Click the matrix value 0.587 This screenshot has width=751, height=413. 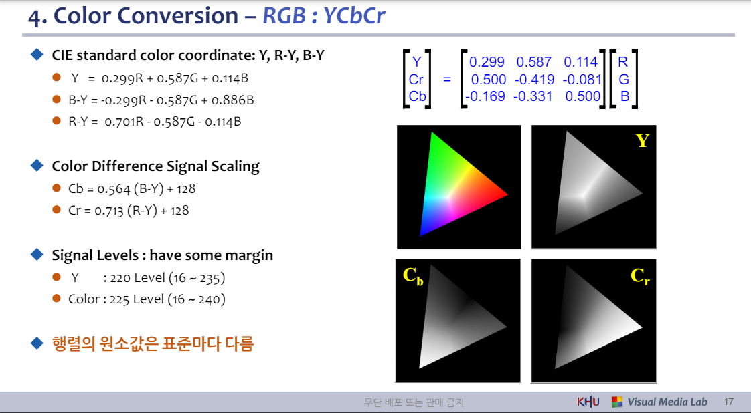[x=534, y=62]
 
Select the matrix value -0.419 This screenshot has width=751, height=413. [x=533, y=79]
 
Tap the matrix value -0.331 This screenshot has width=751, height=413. [x=533, y=96]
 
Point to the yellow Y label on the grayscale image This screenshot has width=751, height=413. [x=643, y=141]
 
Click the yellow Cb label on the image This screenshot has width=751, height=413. [x=413, y=275]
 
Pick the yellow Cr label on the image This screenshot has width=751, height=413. [x=640, y=275]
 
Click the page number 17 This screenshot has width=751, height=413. [x=729, y=402]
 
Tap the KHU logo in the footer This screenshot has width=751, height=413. [x=588, y=402]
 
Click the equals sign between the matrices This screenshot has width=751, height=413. [x=447, y=79]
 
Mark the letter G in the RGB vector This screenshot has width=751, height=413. [x=624, y=79]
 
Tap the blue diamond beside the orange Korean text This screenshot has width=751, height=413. [x=37, y=343]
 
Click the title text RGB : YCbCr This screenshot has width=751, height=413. [x=324, y=15]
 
